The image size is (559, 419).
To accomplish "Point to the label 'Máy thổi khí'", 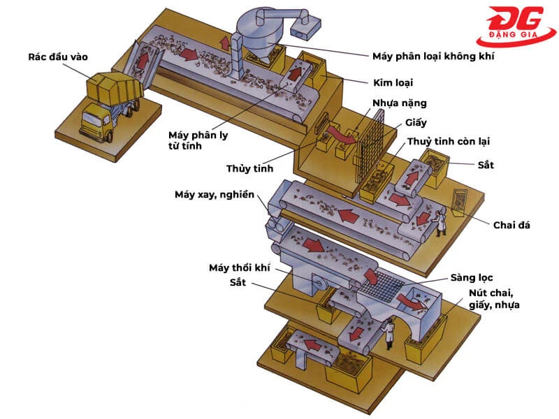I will coord(239,267).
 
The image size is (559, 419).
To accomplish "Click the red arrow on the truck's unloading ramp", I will coord(144,59).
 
